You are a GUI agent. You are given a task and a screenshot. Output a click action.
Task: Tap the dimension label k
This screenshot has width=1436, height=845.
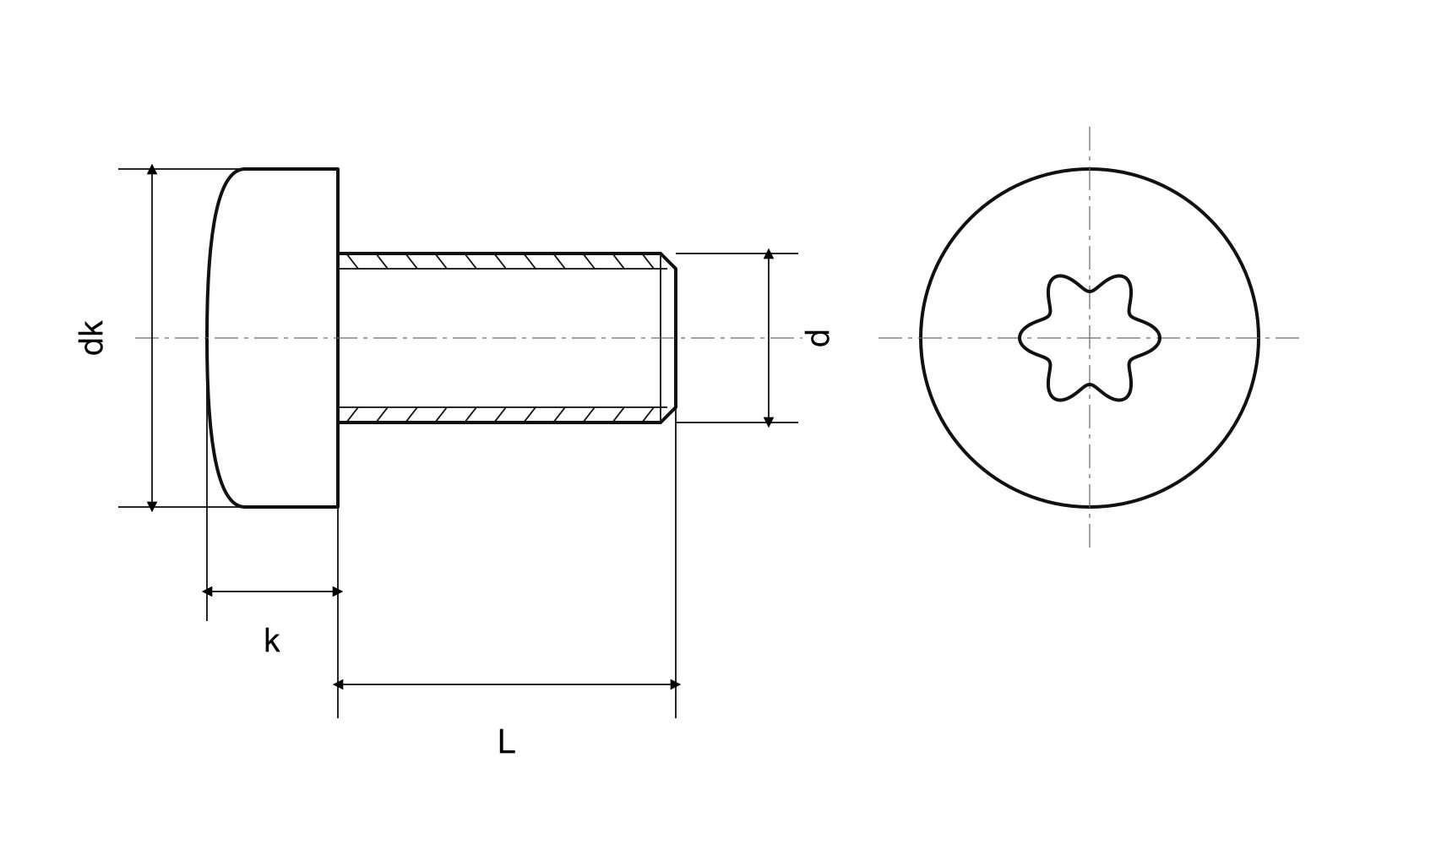(272, 641)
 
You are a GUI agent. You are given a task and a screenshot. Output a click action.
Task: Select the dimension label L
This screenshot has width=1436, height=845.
(507, 742)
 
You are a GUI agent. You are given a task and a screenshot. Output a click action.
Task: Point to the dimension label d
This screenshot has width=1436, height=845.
(819, 338)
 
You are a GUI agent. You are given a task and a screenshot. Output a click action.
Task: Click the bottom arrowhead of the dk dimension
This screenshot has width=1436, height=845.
(152, 506)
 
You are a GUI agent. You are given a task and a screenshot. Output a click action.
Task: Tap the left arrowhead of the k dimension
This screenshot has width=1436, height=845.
(207, 591)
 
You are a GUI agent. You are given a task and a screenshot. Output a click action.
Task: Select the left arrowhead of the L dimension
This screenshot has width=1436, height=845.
(339, 684)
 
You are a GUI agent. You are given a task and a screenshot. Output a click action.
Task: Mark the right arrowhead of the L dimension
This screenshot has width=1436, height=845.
(675, 684)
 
